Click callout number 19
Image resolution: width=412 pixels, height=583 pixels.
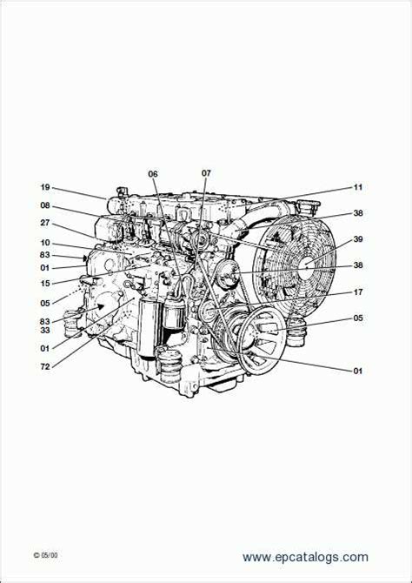pyautogui.click(x=45, y=187)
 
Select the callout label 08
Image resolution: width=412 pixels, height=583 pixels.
pyautogui.click(x=45, y=205)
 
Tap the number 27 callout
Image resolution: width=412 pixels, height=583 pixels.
pyautogui.click(x=45, y=223)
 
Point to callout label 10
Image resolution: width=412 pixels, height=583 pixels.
pyautogui.click(x=45, y=243)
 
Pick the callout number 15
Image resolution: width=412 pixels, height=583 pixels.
pyautogui.click(x=45, y=283)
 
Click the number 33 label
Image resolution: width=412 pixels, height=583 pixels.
pyautogui.click(x=45, y=330)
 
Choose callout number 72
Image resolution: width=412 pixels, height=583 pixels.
pyautogui.click(x=45, y=366)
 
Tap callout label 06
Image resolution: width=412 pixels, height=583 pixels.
pyautogui.click(x=153, y=174)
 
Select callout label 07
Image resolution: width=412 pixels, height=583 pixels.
pyautogui.click(x=206, y=173)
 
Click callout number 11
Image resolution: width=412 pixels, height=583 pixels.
pyautogui.click(x=357, y=187)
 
